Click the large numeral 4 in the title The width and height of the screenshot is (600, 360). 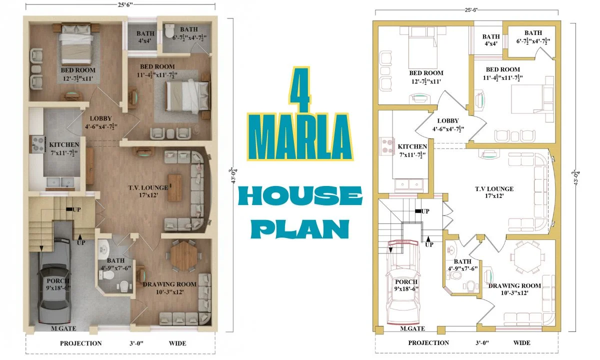coord(300,89)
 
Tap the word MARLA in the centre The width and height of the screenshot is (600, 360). coord(300,137)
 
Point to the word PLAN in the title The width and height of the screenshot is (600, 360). coord(300,229)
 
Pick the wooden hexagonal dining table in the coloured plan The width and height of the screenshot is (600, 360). coord(184,256)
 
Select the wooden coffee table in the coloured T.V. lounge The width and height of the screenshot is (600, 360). coord(174,188)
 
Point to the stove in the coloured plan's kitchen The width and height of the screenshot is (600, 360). coord(38,144)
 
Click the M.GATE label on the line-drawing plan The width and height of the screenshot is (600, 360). coord(412,328)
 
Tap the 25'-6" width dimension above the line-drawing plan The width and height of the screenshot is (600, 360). coord(471,10)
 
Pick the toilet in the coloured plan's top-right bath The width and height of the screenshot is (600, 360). coord(169,31)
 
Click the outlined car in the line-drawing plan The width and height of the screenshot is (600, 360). coord(402,282)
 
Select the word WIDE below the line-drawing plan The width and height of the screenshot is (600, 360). coord(521,342)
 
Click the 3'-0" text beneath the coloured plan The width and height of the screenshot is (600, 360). coord(136,343)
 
